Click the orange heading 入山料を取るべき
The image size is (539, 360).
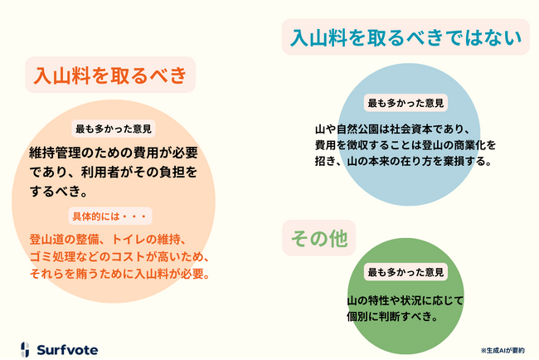tap(110, 75)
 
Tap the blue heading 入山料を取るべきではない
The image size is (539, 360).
tap(406, 37)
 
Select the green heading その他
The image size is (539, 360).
tap(319, 238)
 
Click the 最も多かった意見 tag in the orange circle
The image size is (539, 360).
tap(114, 129)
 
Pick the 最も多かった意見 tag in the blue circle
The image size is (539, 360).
tap(405, 103)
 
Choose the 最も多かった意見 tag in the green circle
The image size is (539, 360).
tap(405, 272)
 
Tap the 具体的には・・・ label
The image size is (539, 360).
tap(110, 216)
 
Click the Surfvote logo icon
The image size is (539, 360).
tap(25, 349)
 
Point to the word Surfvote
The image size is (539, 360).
tap(67, 350)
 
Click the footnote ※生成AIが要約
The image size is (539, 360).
tap(503, 350)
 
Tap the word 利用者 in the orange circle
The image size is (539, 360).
tap(100, 172)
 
